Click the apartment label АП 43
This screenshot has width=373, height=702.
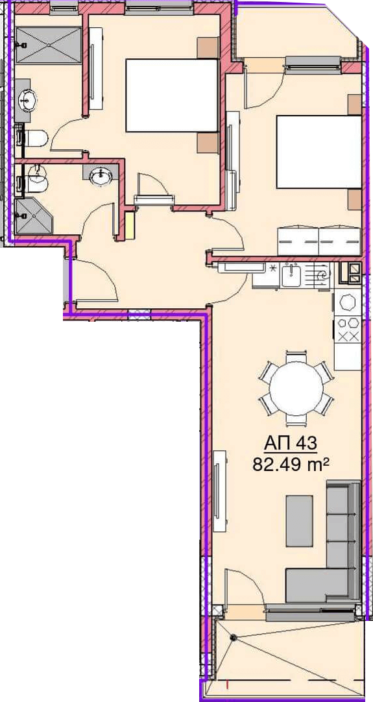pyautogui.click(x=291, y=444)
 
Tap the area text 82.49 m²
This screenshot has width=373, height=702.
pyautogui.click(x=291, y=465)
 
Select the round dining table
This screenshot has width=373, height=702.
pyautogui.click(x=296, y=388)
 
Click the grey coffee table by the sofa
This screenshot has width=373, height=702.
pyautogui.click(x=299, y=521)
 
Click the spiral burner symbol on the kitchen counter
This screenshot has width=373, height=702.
pyautogui.click(x=322, y=276)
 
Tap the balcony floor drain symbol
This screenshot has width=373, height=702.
pyautogui.click(x=232, y=637)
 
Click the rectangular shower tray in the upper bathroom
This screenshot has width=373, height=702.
pyautogui.click(x=49, y=45)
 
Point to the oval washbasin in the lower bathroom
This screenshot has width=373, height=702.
pyautogui.click(x=102, y=176)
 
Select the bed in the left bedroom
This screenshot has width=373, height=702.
pyautogui.click(x=171, y=95)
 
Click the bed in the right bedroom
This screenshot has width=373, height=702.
pyautogui.click(x=319, y=152)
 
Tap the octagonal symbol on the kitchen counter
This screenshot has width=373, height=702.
pyautogui.click(x=348, y=302)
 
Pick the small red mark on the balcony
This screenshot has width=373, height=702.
pyautogui.click(x=228, y=684)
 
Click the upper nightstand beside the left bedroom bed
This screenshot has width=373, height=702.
pyautogui.click(x=208, y=47)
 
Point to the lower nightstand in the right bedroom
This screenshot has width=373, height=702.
pyautogui.click(x=355, y=200)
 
